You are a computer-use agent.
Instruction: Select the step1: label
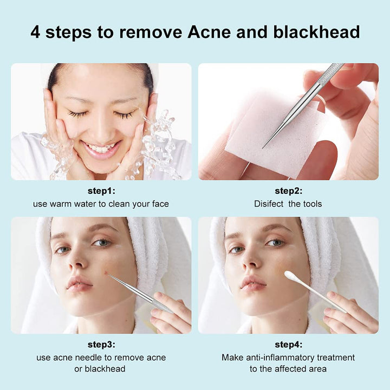coord(101,191)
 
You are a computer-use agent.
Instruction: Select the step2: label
coord(288,191)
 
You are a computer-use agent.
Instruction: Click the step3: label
coord(101,344)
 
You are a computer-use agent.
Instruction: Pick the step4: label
coord(288,344)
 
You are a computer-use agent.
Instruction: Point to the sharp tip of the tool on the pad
coord(264,146)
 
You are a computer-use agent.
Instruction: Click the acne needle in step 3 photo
coord(138,292)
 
